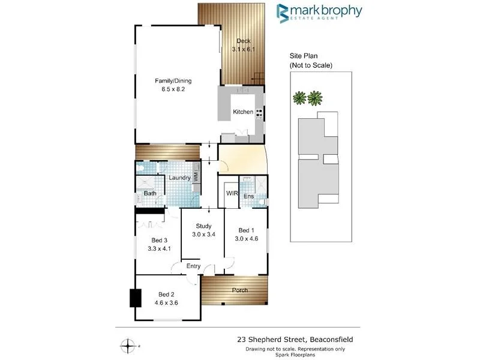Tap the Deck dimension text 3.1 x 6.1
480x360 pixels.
coord(242,49)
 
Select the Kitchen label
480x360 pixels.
coord(243,112)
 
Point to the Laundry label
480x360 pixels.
coord(179,178)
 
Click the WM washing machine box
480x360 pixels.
coord(196,177)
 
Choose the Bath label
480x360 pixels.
coord(150,193)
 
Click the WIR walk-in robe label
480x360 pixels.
coord(231,193)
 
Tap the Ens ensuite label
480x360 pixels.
coord(248,196)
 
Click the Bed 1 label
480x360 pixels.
coord(246,230)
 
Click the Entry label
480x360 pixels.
coord(193,266)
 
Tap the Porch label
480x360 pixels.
coord(239,290)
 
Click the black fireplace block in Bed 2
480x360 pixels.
coord(135,298)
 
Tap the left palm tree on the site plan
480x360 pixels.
coord(299,97)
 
